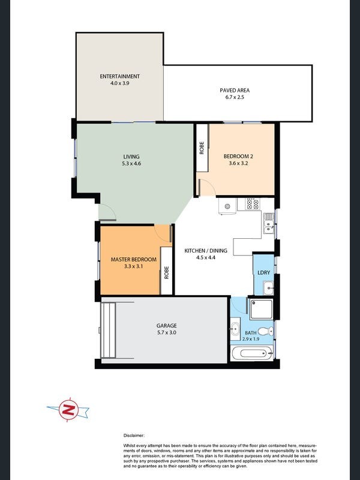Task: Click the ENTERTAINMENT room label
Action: [119, 76]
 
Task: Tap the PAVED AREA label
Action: [235, 91]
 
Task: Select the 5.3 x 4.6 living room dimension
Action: [131, 163]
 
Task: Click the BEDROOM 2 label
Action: [238, 157]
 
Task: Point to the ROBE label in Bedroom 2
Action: [202, 148]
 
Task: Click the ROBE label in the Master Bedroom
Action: [166, 272]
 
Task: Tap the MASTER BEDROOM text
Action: [133, 259]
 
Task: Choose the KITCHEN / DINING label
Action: [206, 251]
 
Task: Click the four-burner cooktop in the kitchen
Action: [253, 203]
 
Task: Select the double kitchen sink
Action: [269, 223]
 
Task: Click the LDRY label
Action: [263, 272]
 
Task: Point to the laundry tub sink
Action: [268, 288]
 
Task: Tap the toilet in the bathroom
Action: [265, 331]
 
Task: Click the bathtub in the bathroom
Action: [253, 353]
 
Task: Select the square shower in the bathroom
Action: [261, 310]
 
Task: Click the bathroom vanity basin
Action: [235, 329]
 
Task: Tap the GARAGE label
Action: [167, 326]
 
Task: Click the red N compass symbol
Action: [68, 410]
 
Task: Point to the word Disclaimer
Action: [134, 436]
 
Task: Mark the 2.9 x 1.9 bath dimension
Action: [251, 339]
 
